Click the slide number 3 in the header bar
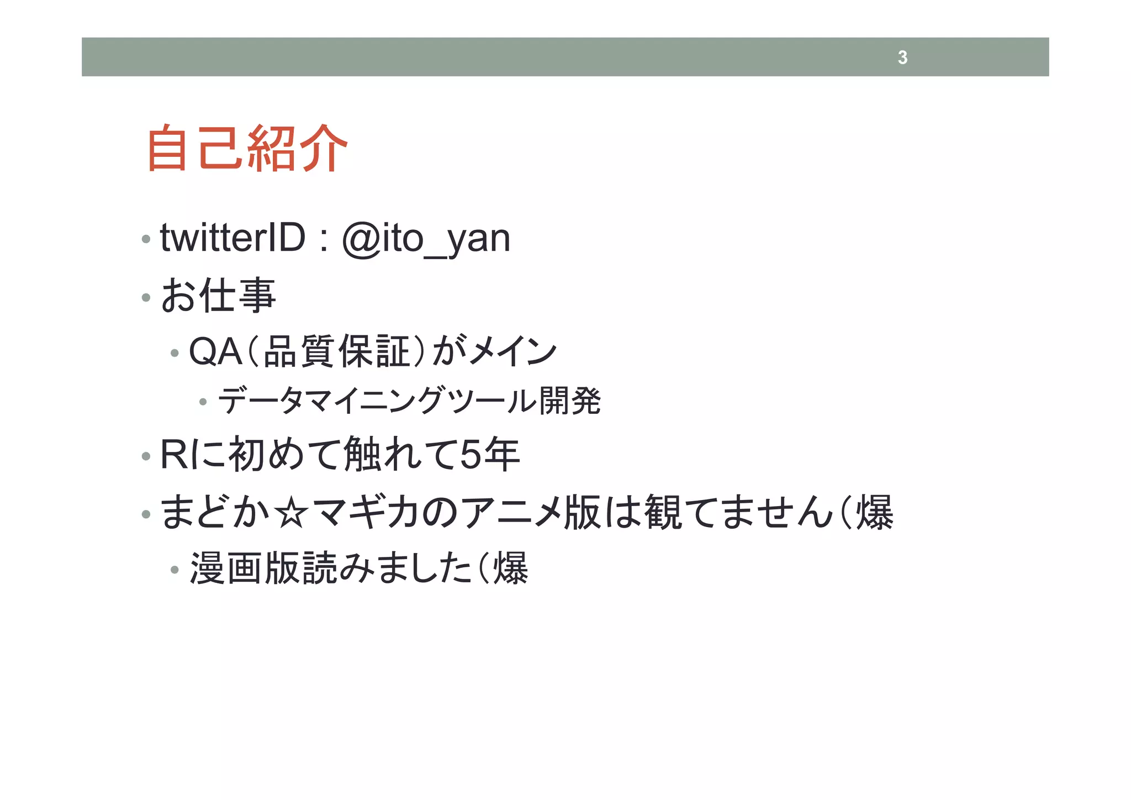(902, 57)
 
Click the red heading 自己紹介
(247, 148)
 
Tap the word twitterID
(232, 238)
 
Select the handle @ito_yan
(426, 239)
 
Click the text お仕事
(218, 295)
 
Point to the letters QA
(215, 351)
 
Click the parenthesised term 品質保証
(337, 351)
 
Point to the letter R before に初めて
(173, 454)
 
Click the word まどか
(215, 512)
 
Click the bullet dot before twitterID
(146, 239)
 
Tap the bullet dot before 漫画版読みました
(175, 569)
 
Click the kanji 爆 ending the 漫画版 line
(510, 569)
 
